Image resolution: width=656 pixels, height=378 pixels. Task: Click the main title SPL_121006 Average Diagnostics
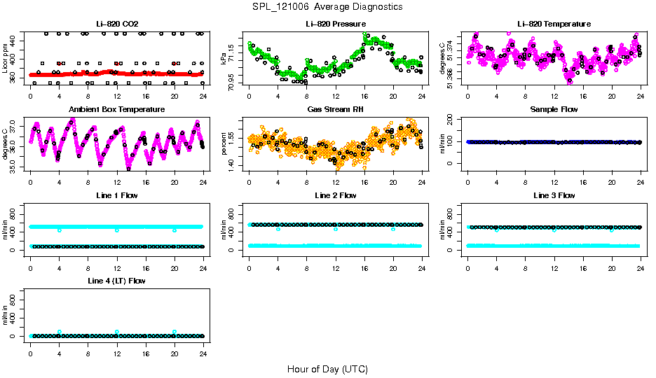tap(328, 6)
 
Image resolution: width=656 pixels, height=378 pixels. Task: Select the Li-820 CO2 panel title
tap(117, 24)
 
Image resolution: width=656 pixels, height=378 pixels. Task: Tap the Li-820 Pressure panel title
tap(336, 24)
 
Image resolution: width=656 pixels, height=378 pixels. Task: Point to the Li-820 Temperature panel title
tap(554, 24)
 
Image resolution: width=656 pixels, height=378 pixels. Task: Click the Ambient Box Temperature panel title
tap(117, 109)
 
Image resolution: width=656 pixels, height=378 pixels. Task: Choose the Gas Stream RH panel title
tap(336, 109)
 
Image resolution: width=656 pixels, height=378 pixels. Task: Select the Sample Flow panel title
tap(554, 109)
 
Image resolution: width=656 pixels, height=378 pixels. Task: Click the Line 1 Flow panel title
tap(117, 195)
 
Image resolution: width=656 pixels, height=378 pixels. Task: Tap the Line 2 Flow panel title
tap(336, 195)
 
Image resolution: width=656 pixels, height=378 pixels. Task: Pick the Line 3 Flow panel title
tap(554, 195)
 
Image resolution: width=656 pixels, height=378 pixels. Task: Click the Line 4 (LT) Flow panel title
tap(117, 281)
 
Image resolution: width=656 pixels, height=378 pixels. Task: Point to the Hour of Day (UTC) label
tap(327, 368)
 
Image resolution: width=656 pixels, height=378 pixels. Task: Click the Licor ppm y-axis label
tap(6, 58)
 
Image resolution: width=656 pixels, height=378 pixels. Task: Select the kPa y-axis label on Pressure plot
tap(224, 58)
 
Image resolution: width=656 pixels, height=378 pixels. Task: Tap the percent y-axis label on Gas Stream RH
tap(224, 144)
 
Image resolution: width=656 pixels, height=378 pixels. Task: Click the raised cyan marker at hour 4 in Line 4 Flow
tap(60, 332)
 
